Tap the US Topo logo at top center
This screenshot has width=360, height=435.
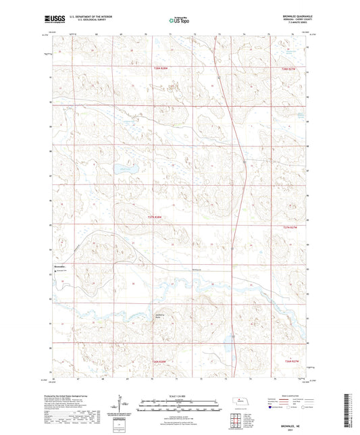[180, 21]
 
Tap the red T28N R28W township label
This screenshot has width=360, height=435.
[159, 68]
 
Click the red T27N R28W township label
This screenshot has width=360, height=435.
[155, 217]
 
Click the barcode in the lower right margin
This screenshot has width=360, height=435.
[348, 419]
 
